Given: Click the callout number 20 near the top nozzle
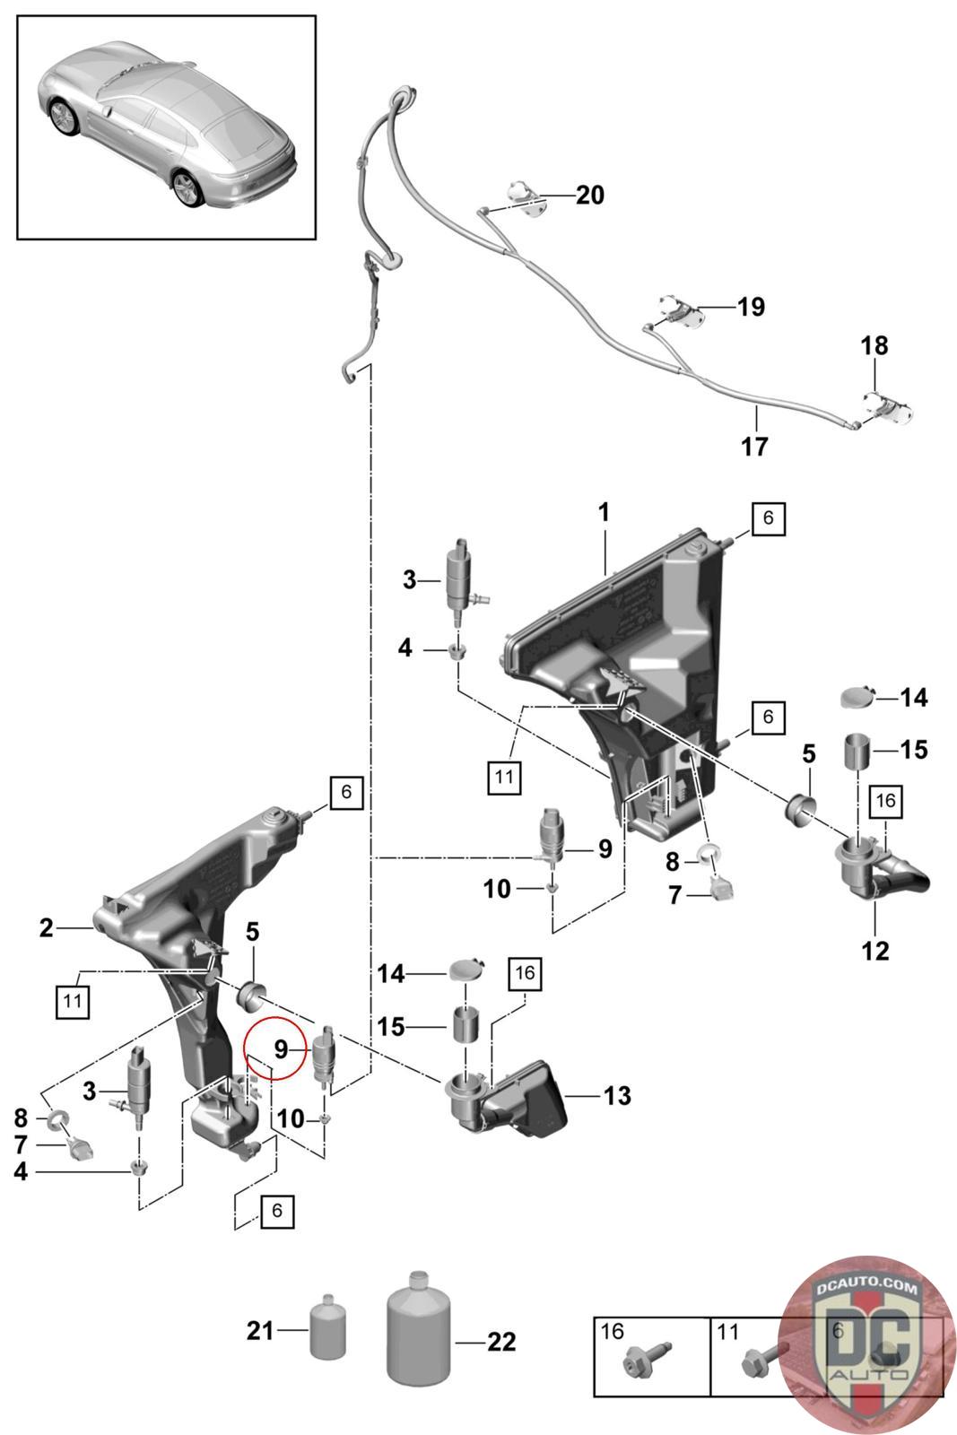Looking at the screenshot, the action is point(589,195).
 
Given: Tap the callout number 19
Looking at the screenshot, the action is point(751,307).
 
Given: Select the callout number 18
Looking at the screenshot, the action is point(874,346).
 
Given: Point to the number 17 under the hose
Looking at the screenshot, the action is point(754,447).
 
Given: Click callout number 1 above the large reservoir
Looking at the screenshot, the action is point(604,512).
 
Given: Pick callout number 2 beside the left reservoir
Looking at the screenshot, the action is point(46,927).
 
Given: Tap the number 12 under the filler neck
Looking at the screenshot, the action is point(875,951).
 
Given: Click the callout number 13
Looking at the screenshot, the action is point(617,1095).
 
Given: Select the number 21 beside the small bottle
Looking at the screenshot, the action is point(260,1331).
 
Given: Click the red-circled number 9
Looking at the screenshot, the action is point(282,1049).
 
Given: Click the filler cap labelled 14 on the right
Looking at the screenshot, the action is point(857,696).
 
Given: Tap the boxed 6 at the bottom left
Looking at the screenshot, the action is point(277,1210).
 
